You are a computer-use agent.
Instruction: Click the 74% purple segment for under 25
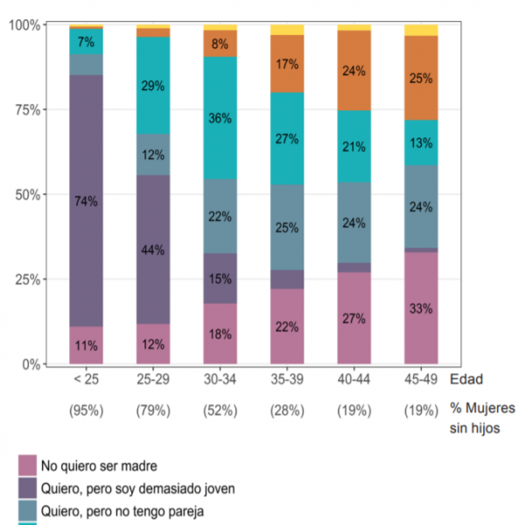(87, 200)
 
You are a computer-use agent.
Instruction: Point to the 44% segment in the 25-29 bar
(153, 249)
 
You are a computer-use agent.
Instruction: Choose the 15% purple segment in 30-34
(220, 278)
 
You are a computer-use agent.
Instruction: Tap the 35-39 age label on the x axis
(287, 381)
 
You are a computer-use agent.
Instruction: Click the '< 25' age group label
(87, 381)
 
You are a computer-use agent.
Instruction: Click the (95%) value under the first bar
(87, 410)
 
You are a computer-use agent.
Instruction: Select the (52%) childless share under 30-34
(220, 410)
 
